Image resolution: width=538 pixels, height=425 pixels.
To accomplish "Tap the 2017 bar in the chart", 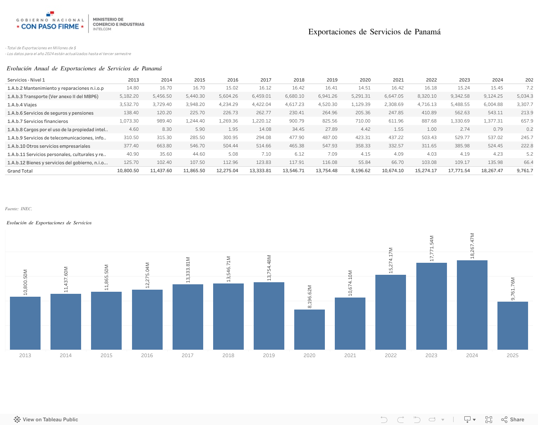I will point(187,317).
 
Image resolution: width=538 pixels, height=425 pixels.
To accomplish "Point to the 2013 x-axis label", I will point(25,355).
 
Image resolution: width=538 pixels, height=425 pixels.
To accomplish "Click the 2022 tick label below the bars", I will point(391,355).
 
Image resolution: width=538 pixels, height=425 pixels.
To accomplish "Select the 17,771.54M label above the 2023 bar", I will point(432,248).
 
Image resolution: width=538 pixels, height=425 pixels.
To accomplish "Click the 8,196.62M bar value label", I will point(310,296).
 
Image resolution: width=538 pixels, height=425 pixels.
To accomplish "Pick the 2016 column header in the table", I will point(233,80).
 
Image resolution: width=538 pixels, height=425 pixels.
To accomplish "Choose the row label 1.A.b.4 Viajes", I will point(22,105).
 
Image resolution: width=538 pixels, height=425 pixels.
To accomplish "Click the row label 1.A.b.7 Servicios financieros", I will point(38,121).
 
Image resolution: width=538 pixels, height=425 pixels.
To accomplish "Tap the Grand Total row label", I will point(20,171).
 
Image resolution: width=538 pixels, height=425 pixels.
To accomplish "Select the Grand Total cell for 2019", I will point(327,170).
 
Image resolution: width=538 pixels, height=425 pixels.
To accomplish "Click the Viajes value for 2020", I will point(360,104).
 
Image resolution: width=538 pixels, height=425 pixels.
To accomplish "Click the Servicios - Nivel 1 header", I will point(26,80).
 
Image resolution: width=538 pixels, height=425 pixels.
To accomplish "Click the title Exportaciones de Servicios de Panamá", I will point(374,32).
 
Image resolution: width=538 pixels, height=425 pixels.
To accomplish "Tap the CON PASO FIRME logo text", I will point(50,26).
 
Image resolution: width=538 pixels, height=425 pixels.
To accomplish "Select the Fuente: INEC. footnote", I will point(19,209).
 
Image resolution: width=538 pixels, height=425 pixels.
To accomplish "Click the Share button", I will point(513,420).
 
